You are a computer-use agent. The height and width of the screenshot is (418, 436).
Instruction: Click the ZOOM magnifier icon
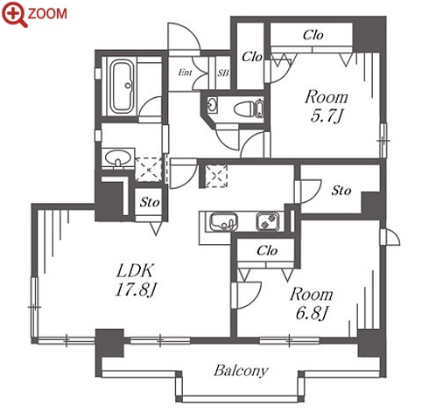coord(14,14)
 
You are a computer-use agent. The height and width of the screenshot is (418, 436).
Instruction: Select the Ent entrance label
coord(185,72)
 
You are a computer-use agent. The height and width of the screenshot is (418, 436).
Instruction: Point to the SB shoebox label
coord(223,73)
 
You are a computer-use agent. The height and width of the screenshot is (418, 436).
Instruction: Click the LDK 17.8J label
coord(135,280)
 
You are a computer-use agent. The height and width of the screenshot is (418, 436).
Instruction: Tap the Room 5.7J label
coord(327,106)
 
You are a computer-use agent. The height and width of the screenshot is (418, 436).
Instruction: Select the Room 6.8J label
coord(312,303)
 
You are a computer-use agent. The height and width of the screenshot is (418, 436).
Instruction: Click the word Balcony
coord(241,371)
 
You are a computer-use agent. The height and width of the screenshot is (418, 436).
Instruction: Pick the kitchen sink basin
coord(223,222)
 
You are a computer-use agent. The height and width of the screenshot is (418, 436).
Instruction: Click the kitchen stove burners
coord(268,221)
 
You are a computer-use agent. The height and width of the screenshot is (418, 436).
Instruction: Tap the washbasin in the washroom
coord(117,158)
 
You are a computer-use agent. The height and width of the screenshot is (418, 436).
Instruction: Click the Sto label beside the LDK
coord(150,202)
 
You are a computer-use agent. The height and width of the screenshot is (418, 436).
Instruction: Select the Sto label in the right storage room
coord(341,191)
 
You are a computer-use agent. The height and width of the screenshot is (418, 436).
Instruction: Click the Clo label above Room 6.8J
coord(267,250)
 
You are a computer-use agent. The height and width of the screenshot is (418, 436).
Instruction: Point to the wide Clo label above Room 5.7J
coord(313,35)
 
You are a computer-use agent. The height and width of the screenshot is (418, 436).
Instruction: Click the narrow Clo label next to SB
coord(252,57)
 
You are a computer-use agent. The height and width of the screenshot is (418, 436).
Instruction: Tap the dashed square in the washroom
coord(148,170)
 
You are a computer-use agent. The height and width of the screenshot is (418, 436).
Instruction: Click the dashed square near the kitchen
coord(216,176)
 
